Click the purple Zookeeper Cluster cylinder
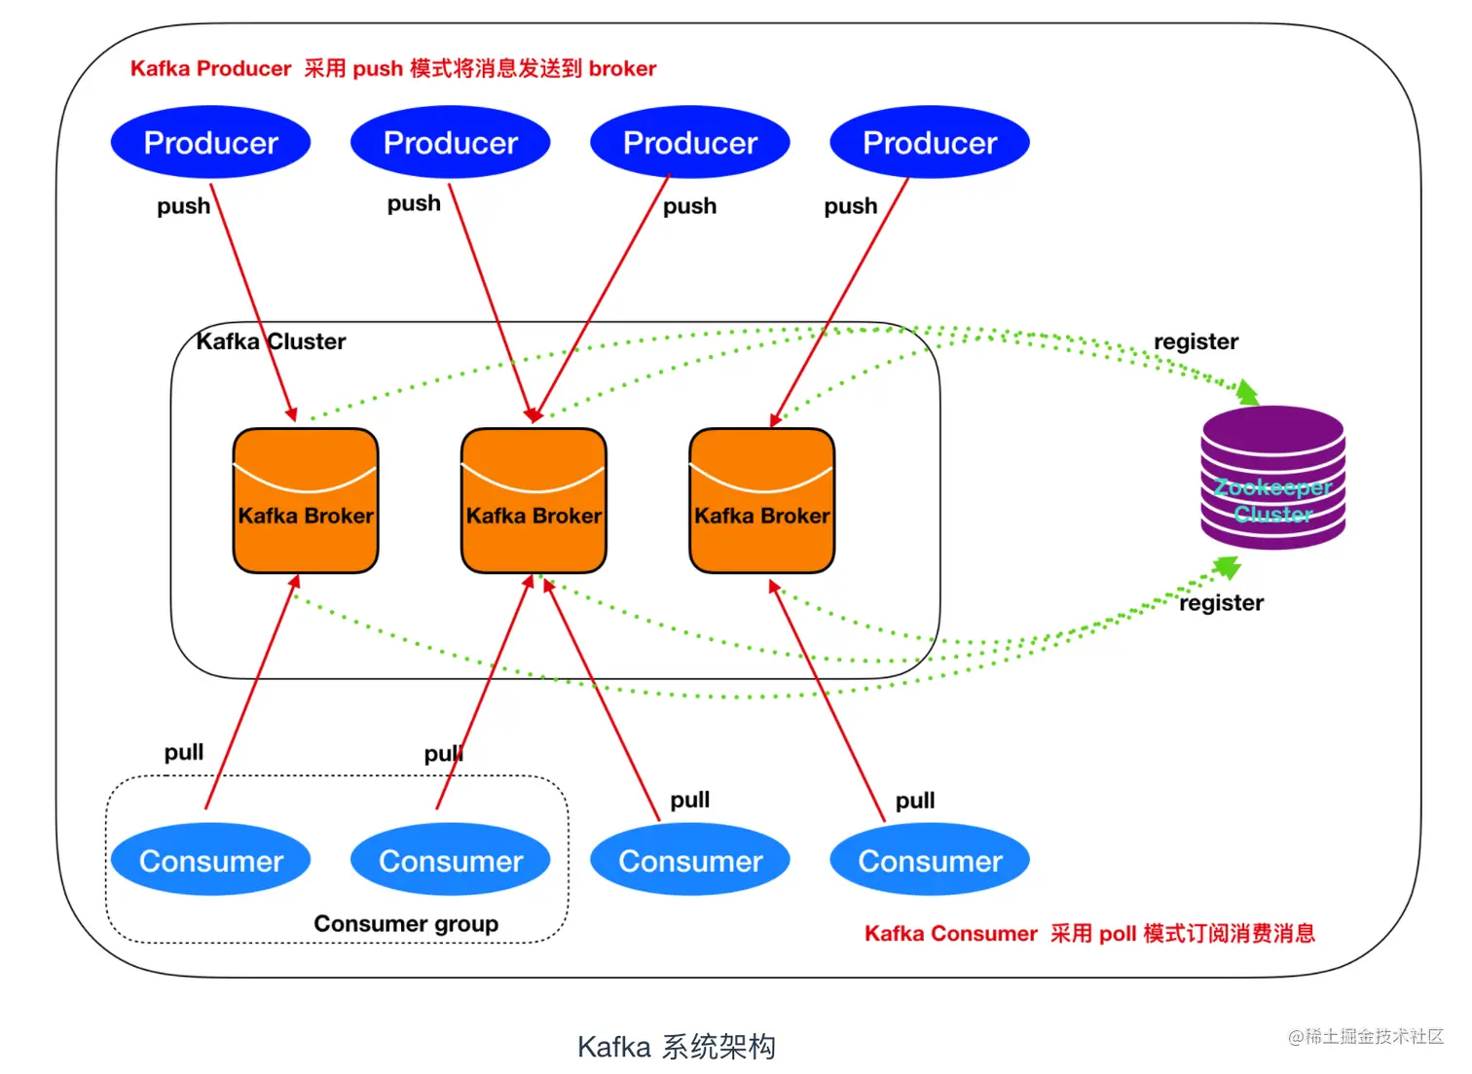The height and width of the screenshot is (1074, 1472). tap(1272, 478)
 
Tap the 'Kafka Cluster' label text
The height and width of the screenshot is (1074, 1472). tap(271, 341)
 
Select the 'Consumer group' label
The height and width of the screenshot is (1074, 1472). tap(406, 924)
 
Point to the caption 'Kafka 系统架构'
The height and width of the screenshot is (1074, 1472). tap(677, 1047)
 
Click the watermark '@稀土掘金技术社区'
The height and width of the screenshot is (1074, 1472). tap(1366, 1037)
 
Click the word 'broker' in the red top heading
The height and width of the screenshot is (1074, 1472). tap(622, 68)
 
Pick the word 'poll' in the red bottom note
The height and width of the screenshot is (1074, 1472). tap(1118, 934)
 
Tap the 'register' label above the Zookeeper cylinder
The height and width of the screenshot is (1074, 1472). tap(1196, 341)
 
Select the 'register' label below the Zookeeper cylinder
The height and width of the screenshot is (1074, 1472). tap(1221, 602)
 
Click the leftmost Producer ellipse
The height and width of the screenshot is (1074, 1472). tap(210, 142)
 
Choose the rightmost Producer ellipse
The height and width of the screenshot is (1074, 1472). tap(930, 142)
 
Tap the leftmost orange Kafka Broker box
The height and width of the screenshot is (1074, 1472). tap(306, 500)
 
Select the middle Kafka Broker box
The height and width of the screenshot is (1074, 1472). tap(534, 500)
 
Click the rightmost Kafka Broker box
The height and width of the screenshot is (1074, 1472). tap(762, 500)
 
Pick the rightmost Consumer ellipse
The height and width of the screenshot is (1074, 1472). tap(930, 860)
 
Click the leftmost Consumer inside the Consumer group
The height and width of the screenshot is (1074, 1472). tap(210, 860)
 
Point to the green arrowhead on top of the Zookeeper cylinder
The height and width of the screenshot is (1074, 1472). tap(1247, 393)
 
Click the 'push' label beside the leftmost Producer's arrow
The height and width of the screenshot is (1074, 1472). tap(183, 206)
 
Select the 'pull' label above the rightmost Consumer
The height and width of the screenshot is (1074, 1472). tap(915, 801)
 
